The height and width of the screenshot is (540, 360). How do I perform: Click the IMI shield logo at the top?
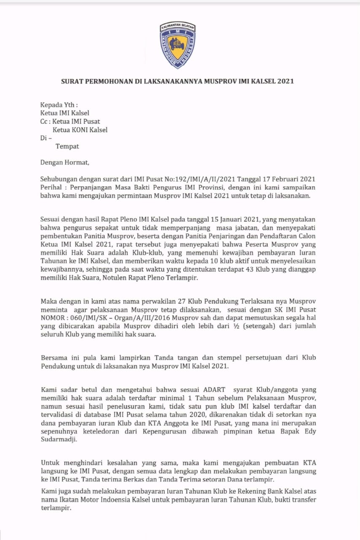177,45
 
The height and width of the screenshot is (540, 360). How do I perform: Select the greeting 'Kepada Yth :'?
59,105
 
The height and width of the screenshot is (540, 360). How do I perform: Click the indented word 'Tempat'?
67,146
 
